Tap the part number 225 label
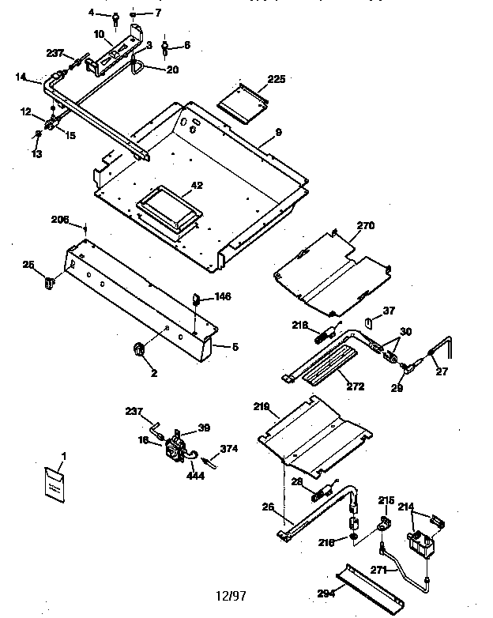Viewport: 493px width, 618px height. pos(277,79)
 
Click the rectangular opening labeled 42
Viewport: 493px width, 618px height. pos(168,205)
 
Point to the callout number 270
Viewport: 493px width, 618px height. pos(364,225)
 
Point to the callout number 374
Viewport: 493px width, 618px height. pos(229,449)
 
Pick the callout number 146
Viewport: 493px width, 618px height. pos(223,297)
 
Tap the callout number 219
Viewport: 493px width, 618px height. pos(262,408)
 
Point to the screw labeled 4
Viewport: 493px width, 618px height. pos(115,16)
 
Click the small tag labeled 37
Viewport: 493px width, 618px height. pos(368,323)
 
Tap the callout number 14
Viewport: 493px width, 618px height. pos(21,77)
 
